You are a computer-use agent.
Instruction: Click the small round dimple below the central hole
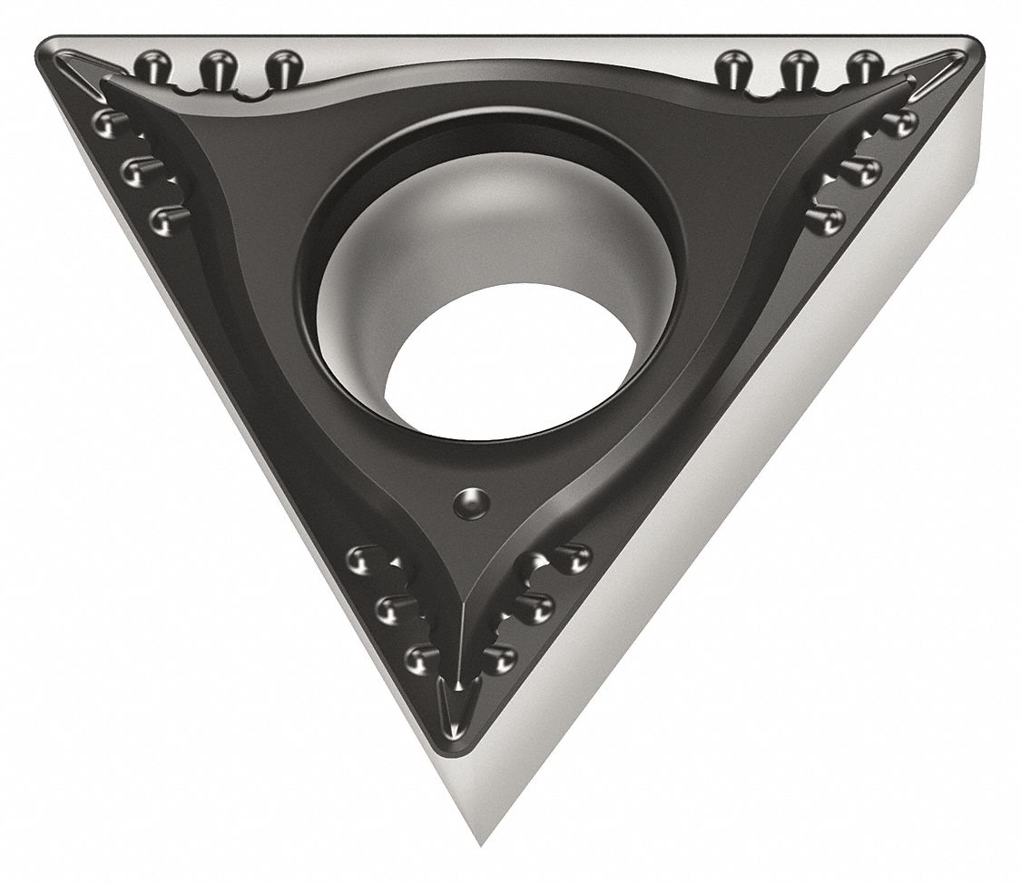click(x=471, y=502)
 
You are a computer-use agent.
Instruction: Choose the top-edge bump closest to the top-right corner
click(x=864, y=66)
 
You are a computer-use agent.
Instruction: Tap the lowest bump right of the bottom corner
click(x=498, y=658)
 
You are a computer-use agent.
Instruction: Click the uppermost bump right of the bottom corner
click(x=571, y=557)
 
